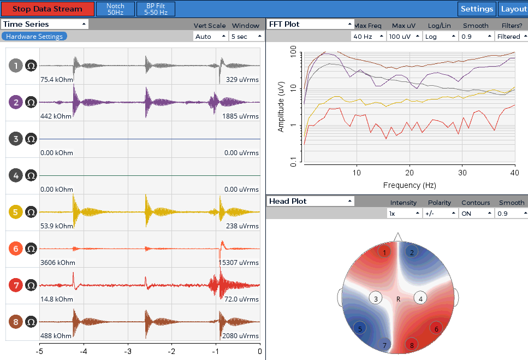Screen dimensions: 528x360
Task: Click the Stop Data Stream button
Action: coord(48,9)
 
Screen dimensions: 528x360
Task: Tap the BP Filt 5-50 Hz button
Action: coord(156,9)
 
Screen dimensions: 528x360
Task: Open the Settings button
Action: coord(477,9)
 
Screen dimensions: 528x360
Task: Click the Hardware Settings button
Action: coord(34,37)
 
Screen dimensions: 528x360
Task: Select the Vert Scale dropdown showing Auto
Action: coord(210,37)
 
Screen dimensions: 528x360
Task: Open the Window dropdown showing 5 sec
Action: coord(246,37)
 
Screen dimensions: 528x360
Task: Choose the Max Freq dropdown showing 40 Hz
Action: coord(368,37)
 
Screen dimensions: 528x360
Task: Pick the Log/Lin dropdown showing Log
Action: coord(440,37)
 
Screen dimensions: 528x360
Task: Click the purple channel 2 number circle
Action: coord(15,102)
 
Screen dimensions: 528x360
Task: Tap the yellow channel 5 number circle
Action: coord(15,212)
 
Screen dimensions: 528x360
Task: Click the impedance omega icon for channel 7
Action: coord(31,285)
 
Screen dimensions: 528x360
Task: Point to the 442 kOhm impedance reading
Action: coord(56,116)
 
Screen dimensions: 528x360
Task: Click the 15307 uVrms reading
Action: coord(239,263)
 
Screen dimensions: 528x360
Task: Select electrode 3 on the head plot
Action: coord(376,299)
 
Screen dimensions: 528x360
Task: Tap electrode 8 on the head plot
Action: coord(412,345)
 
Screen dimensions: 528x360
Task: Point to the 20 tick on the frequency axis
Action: coord(410,173)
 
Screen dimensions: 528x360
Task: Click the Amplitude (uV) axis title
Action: coord(281,107)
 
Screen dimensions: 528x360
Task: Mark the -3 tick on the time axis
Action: coord(128,351)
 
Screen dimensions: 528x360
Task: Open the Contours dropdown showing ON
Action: coord(476,214)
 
